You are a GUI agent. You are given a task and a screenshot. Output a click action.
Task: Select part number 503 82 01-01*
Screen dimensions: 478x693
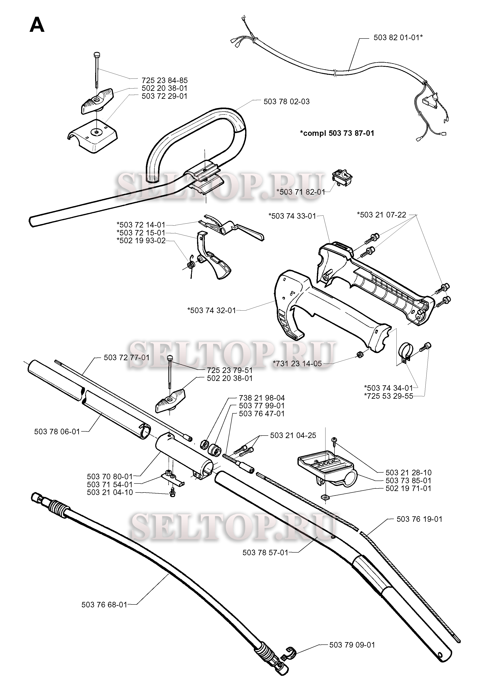[x=398, y=37]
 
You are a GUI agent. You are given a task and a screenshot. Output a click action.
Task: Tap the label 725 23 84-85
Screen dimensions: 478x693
[x=164, y=80]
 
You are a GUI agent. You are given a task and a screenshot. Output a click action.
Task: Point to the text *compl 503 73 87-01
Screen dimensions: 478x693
[x=337, y=133]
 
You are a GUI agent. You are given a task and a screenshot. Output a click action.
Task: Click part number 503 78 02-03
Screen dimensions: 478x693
[x=286, y=102]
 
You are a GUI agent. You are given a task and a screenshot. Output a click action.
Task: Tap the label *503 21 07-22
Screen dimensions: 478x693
[x=382, y=215]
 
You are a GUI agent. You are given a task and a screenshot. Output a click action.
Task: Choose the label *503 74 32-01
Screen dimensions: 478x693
[x=212, y=310]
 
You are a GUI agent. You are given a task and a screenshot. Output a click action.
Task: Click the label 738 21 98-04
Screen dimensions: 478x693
[x=262, y=398]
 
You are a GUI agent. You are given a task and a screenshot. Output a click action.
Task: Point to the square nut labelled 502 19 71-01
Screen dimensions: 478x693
[x=325, y=497]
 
